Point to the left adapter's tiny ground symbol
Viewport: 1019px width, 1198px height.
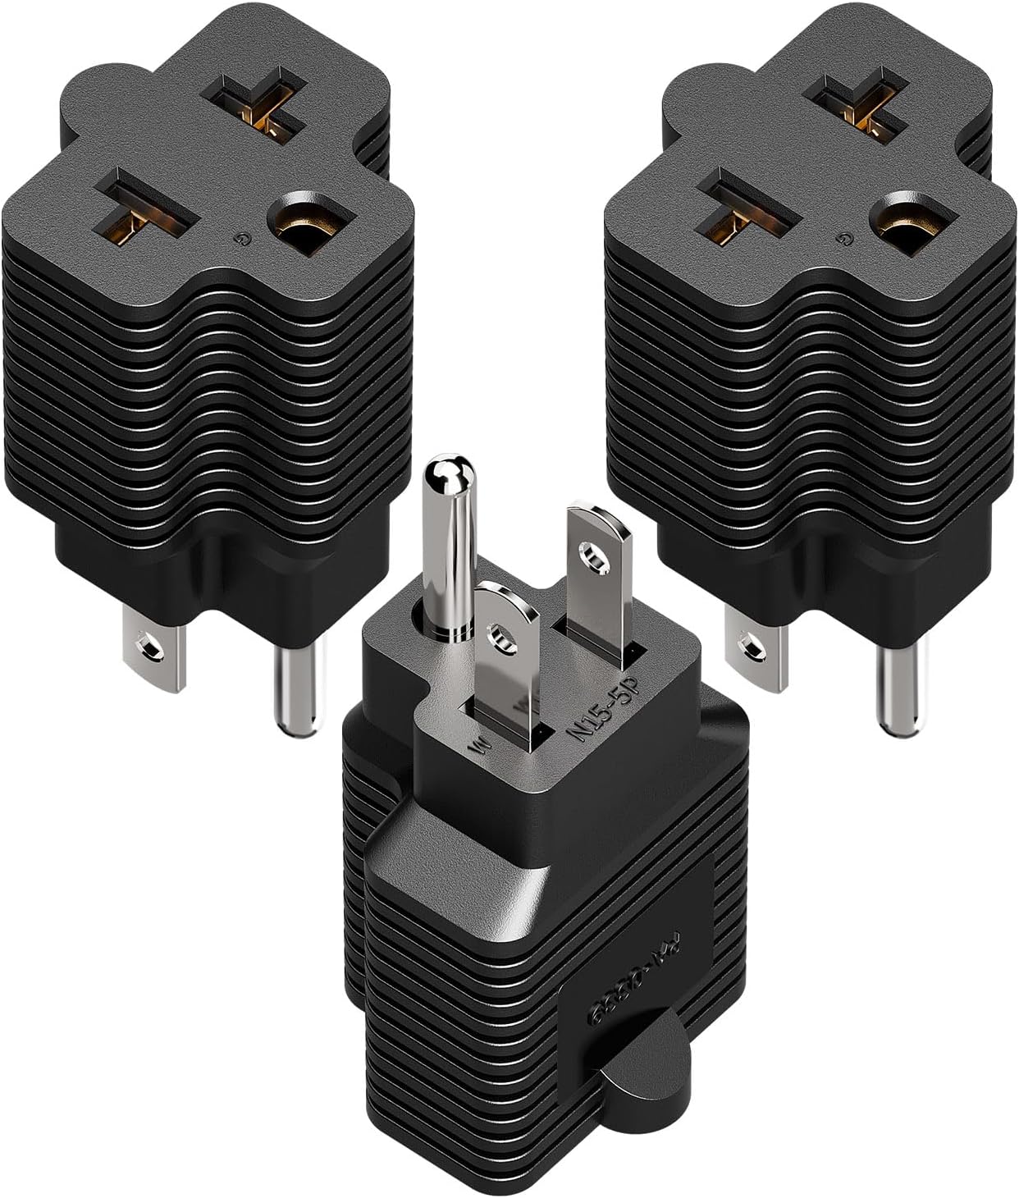[x=239, y=240]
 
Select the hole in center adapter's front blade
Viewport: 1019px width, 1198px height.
[x=497, y=633]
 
